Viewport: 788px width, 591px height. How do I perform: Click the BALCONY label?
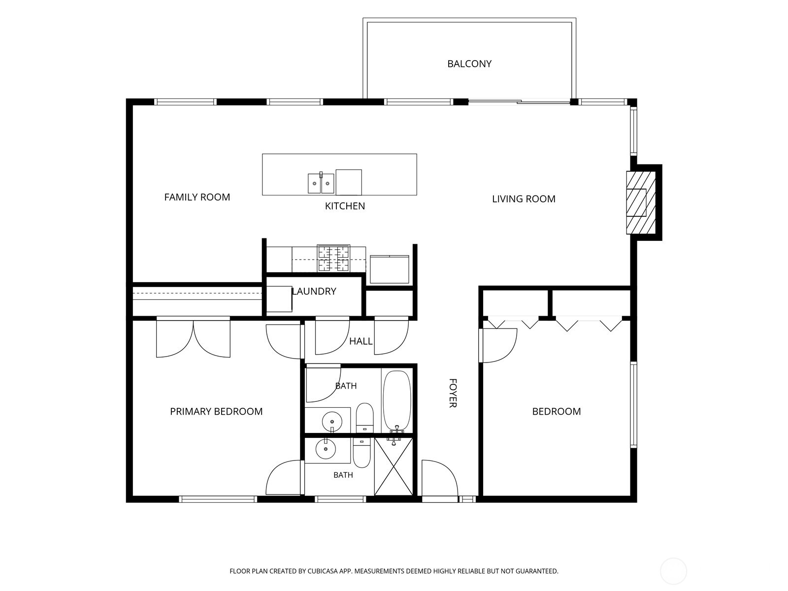(x=469, y=64)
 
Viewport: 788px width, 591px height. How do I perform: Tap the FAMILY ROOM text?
(x=197, y=197)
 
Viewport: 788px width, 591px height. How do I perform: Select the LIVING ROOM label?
(x=524, y=199)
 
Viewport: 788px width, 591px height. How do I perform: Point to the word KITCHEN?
(x=345, y=206)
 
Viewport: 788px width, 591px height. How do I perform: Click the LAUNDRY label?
(x=314, y=292)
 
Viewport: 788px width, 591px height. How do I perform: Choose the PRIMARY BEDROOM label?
(x=216, y=411)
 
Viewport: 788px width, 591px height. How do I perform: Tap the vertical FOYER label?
(x=453, y=393)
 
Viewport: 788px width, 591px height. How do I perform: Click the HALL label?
(x=361, y=341)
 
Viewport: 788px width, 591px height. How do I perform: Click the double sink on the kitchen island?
(x=321, y=183)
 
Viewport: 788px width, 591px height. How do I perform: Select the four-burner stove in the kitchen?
(x=333, y=259)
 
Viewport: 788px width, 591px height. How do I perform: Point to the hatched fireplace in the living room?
(x=641, y=203)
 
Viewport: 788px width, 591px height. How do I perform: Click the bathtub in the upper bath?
(x=396, y=400)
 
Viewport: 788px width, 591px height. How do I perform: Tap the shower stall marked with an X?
(x=394, y=466)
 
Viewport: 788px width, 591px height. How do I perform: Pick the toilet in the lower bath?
(x=361, y=453)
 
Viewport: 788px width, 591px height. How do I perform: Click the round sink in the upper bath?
(x=332, y=421)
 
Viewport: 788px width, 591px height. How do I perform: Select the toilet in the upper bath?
(x=365, y=418)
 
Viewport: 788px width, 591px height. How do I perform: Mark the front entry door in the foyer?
(x=440, y=480)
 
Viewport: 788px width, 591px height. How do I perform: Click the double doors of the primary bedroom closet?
(x=193, y=337)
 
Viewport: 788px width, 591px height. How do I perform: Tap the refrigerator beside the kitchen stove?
(x=390, y=269)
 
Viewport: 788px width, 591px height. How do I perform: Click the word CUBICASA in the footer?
(x=323, y=571)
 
